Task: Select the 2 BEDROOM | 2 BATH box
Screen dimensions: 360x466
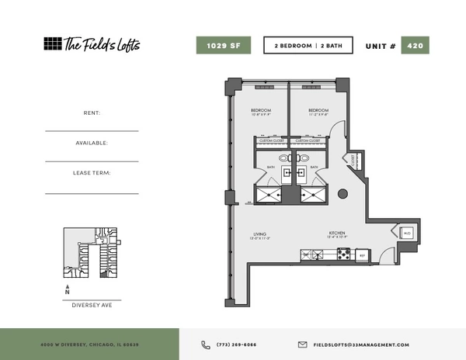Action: [x=308, y=45]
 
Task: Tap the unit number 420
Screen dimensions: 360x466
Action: [x=415, y=45]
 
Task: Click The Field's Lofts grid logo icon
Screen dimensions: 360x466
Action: [x=52, y=44]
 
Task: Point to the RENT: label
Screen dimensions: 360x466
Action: [x=92, y=113]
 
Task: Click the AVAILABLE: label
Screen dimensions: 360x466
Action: [x=92, y=143]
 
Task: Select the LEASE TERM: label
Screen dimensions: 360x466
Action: [x=92, y=173]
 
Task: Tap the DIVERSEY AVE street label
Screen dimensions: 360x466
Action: [x=92, y=305]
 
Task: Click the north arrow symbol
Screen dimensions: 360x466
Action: [x=68, y=289]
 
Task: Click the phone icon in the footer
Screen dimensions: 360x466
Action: [x=206, y=344]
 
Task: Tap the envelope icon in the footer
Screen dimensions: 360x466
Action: [x=303, y=344]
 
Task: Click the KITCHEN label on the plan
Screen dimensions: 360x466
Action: [x=336, y=234]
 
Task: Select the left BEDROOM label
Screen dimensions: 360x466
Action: [x=260, y=111]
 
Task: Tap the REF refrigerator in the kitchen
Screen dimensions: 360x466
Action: [x=362, y=254]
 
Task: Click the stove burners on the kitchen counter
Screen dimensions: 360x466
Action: [x=343, y=253]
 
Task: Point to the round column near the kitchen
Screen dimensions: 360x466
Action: [x=343, y=194]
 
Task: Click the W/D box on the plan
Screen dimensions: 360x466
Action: [x=406, y=233]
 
